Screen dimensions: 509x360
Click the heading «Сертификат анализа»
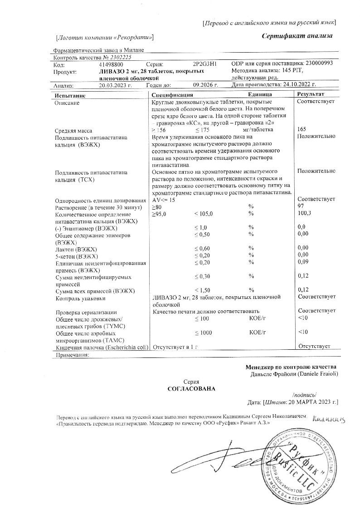coord(297,36)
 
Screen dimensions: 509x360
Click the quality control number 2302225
coord(119,58)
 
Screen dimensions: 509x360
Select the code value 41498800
coord(111,64)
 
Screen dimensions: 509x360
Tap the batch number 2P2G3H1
coord(205,64)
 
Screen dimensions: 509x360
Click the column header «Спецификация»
coord(172,95)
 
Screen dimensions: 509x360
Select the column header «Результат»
coord(311,94)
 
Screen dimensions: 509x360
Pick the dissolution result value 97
coord(301,206)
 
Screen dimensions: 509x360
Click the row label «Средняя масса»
coord(73,131)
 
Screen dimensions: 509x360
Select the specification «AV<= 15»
coord(164,200)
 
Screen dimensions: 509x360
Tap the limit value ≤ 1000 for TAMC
coord(203,333)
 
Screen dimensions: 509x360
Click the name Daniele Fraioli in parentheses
coord(318,374)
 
